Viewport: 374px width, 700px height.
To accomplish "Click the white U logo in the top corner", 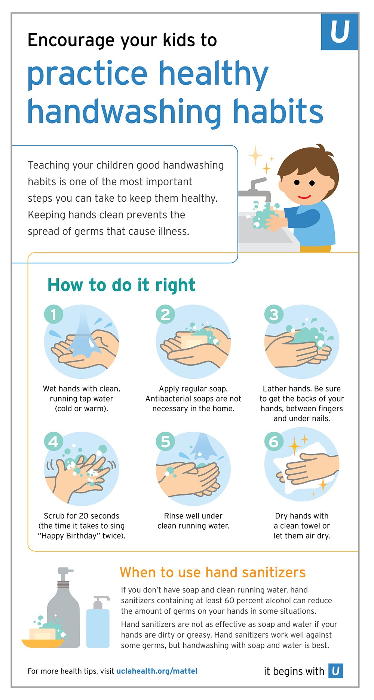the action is [340, 32].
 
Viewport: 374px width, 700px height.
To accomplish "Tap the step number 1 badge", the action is [53, 314].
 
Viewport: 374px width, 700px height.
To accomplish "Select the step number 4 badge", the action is [53, 442].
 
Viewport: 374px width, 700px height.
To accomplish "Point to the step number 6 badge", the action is [274, 442].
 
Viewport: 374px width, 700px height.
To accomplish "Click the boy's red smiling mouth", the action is [304, 196].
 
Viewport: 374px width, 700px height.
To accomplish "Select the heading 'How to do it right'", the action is [121, 285].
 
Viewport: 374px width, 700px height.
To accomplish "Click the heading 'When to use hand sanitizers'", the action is [212, 572].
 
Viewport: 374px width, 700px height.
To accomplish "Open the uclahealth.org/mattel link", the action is [157, 671].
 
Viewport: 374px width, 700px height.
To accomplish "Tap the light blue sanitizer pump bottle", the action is [98, 622].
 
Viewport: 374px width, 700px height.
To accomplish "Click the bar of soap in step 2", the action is [194, 342].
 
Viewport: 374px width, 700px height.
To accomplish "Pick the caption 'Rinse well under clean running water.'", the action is [193, 521].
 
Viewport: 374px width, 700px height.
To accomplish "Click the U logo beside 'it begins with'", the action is [336, 671].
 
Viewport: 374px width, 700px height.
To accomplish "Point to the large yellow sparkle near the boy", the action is [256, 155].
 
